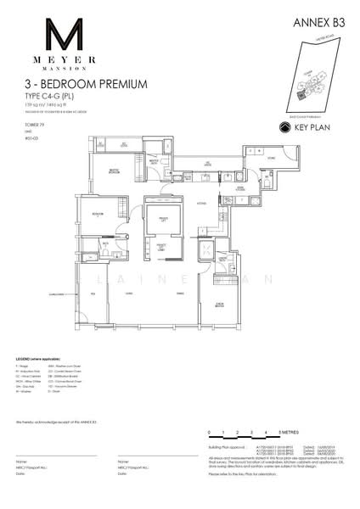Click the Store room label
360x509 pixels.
(x=272, y=158)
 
